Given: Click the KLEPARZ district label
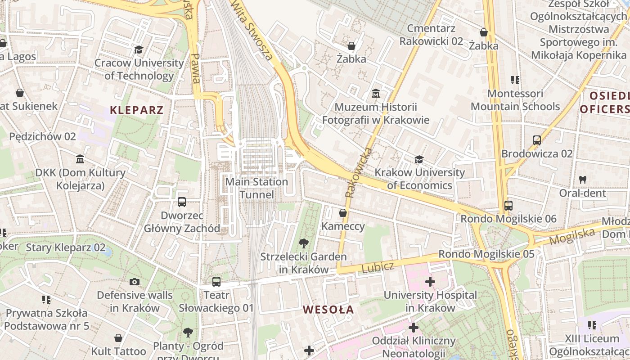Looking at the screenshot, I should coord(136,110).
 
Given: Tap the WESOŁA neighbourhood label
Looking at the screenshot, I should coord(328,310).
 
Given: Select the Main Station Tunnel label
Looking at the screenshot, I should coord(256,188).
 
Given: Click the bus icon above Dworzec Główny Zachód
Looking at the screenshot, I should coord(182,202).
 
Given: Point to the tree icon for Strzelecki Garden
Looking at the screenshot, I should coord(304,243).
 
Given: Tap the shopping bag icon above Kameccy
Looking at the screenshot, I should coord(343,213).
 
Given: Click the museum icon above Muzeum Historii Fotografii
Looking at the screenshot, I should coord(375,94).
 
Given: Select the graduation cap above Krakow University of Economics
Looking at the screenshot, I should coord(419,159).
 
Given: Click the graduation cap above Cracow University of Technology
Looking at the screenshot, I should coord(139,49).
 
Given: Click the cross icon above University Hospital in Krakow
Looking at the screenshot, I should coord(430,282).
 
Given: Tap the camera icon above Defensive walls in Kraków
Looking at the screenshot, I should coord(134,282).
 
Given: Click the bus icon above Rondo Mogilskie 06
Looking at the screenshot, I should coord(508,206).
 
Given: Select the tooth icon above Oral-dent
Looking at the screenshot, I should coord(583,180).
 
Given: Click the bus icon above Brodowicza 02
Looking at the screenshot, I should coord(536,140).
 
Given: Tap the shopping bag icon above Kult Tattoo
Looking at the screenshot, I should coord(118,338).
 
